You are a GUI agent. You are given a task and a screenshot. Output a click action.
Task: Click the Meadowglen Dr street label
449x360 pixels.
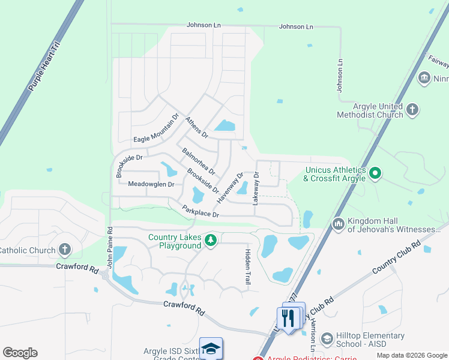151,185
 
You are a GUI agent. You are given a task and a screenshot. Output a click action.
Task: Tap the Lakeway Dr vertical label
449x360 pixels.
256,188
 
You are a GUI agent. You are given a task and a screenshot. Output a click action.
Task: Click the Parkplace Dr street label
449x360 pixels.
202,211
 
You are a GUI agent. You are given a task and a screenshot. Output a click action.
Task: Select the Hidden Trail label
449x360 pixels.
247,266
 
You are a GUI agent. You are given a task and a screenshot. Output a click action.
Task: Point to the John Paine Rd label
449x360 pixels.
110,247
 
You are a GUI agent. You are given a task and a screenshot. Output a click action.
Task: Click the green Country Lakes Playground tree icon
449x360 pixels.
210,241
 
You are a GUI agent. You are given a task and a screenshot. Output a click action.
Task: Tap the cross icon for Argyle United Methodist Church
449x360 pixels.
412,109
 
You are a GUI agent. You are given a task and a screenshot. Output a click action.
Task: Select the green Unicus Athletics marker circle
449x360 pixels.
375,174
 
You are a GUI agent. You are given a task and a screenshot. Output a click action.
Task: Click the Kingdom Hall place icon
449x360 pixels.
338,224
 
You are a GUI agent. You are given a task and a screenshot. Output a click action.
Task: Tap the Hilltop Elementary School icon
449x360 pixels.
327,340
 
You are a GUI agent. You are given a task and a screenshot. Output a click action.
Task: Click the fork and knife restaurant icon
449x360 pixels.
291,317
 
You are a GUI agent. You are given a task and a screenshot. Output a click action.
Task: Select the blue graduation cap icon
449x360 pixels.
211,349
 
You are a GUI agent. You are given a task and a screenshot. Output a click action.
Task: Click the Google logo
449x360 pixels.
20,353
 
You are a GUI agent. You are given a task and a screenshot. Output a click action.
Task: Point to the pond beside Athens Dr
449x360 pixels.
225,125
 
